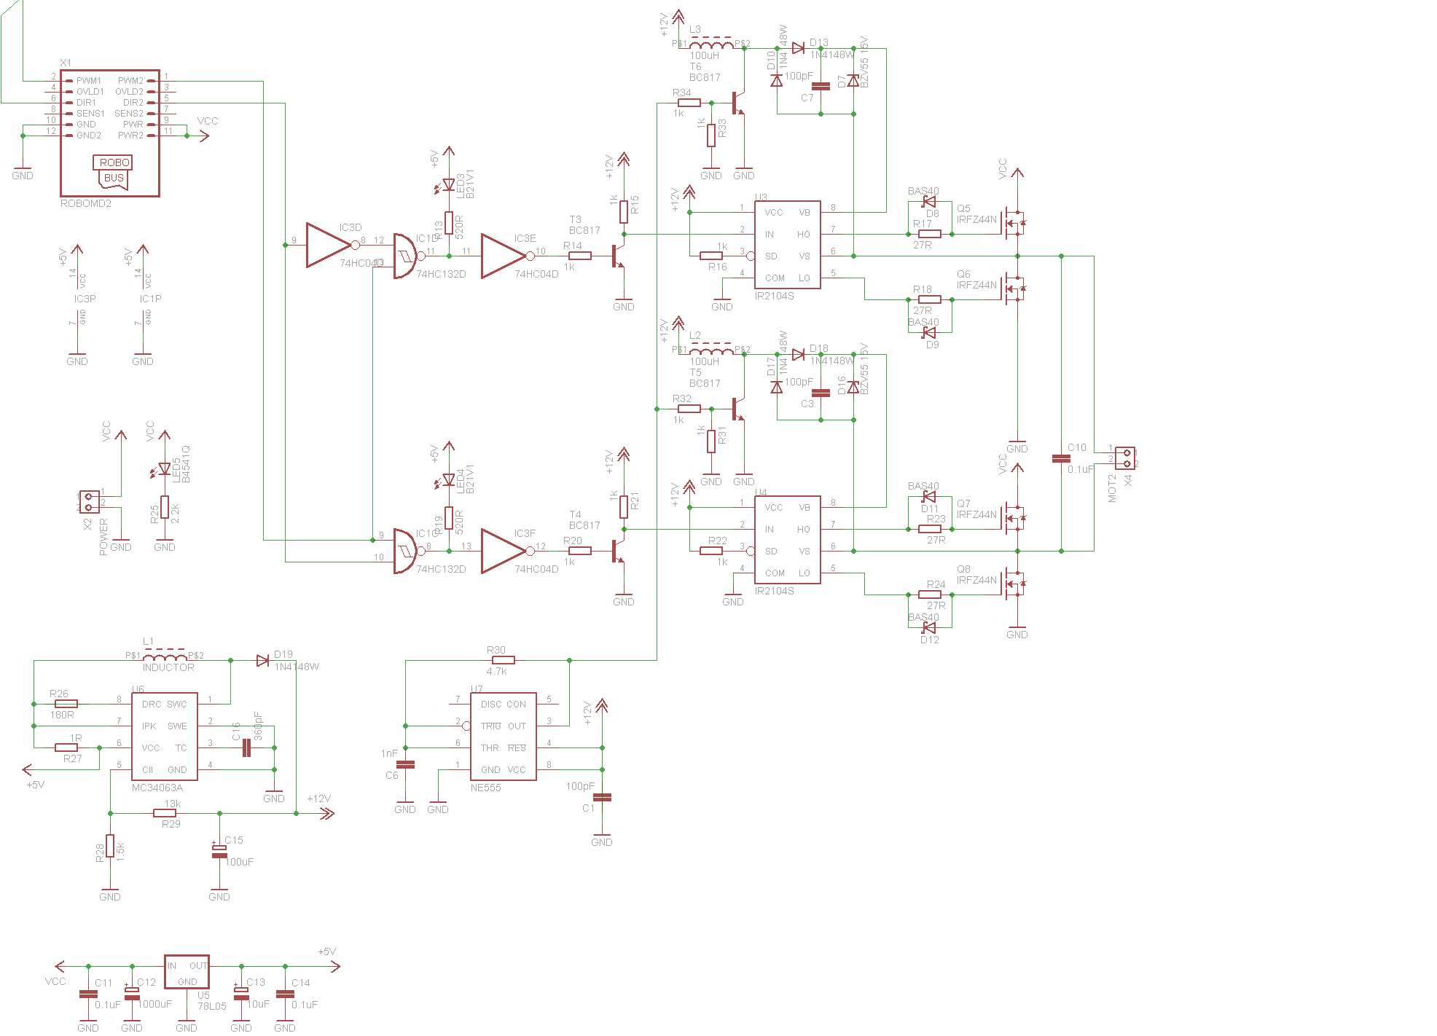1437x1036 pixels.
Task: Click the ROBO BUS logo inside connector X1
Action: tap(113, 171)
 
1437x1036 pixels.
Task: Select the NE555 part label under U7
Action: tap(486, 788)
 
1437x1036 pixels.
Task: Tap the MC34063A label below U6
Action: tap(157, 788)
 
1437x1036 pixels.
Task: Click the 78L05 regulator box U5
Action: tap(187, 972)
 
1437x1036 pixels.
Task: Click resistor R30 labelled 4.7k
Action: tap(503, 660)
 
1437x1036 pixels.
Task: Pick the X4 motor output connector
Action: tap(1125, 458)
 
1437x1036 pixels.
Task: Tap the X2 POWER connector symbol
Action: tap(90, 502)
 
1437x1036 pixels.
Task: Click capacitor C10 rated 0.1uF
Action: tap(1061, 458)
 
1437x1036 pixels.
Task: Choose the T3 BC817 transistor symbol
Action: tap(618, 256)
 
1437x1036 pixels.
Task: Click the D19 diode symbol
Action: tap(262, 661)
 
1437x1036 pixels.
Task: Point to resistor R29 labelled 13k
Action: tap(165, 813)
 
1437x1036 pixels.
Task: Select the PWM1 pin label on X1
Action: tap(89, 81)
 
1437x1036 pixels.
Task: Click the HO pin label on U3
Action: tap(804, 235)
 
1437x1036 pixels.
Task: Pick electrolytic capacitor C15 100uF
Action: tap(219, 851)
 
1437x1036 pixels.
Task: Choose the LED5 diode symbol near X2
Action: tap(165, 468)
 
